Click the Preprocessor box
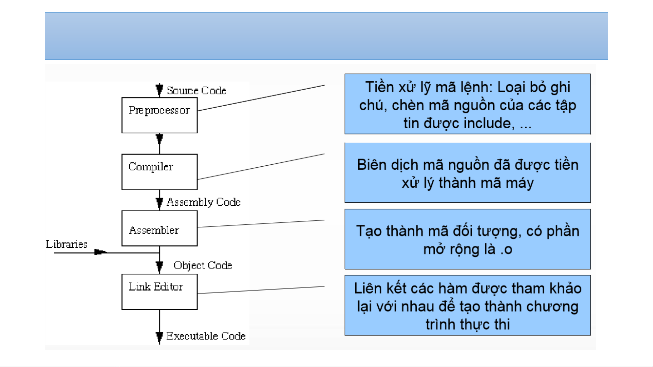[x=159, y=115]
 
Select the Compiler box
[x=159, y=172]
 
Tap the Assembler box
[x=159, y=228]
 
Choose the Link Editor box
[x=159, y=292]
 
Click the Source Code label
[x=196, y=91]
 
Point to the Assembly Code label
[x=203, y=202]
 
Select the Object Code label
[x=203, y=265]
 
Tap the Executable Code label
[x=206, y=336]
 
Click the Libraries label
[x=67, y=244]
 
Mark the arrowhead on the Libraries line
[x=100, y=252]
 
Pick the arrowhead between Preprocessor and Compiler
[x=159, y=139]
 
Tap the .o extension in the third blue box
[x=506, y=250]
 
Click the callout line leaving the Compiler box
[x=261, y=167]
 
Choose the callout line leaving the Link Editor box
[x=261, y=290]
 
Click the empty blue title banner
[x=326, y=36]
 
